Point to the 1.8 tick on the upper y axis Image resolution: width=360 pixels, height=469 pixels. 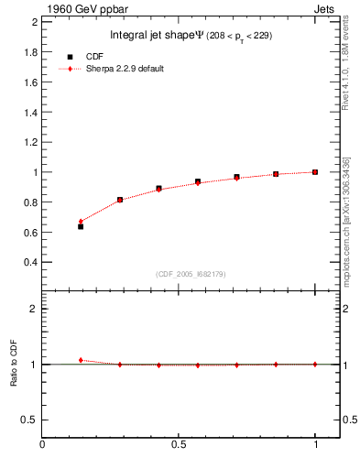[x=31, y=52]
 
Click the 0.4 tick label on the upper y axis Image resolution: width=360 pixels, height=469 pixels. [x=31, y=262]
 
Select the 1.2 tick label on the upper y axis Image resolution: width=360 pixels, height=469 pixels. [x=31, y=142]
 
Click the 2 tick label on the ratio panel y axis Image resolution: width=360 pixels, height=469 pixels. [x=35, y=309]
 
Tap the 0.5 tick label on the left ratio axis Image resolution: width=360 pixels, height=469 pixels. [x=31, y=420]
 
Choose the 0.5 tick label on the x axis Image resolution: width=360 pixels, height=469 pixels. [x=180, y=446]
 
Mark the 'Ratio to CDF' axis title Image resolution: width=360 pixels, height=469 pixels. [x=15, y=364]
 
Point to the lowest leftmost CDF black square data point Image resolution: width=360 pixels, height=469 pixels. [x=81, y=226]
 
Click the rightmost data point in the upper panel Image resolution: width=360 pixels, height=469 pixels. [x=315, y=171]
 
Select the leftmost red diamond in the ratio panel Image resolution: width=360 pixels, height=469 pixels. [x=81, y=360]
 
